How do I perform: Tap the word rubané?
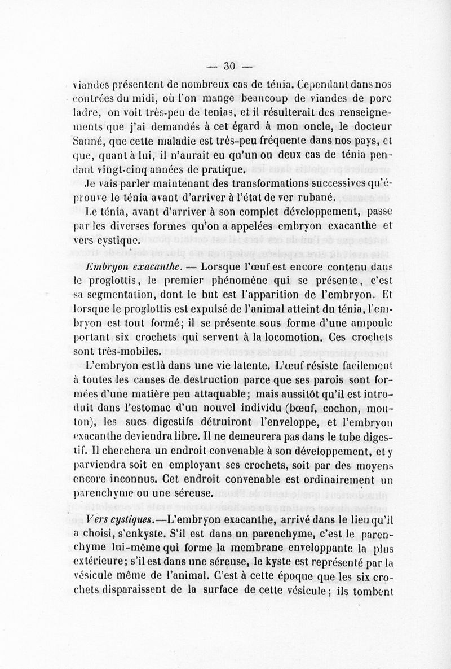tap(316, 198)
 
